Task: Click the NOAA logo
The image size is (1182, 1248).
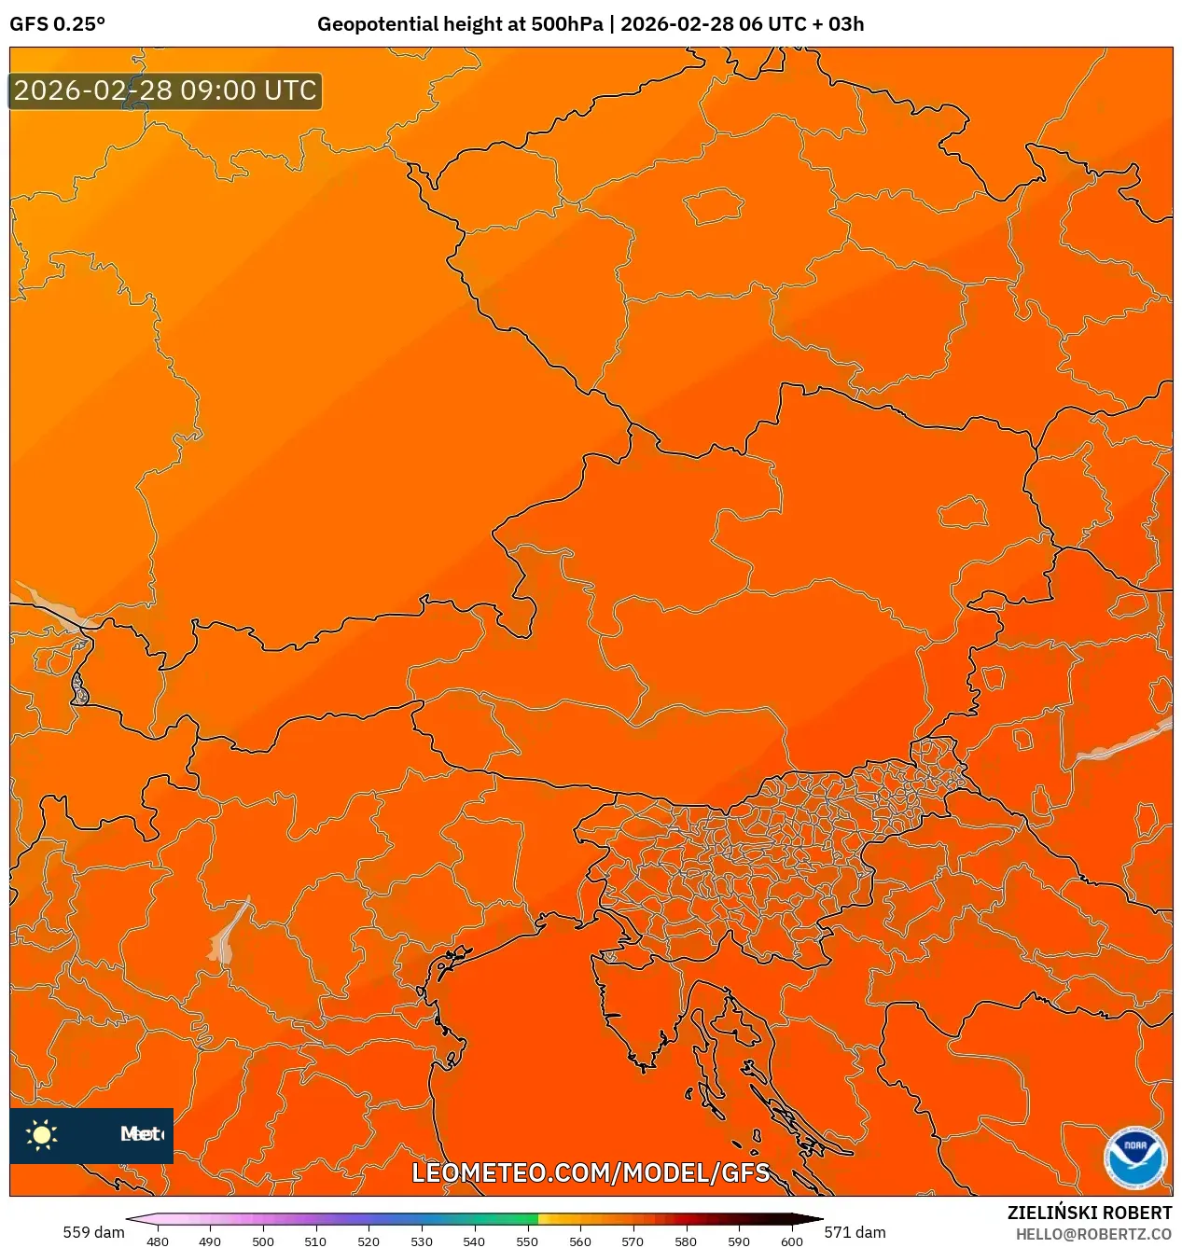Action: [1134, 1158]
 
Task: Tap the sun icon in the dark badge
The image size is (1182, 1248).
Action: [42, 1134]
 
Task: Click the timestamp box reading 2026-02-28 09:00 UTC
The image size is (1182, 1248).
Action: [165, 91]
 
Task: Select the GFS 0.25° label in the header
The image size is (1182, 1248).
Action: [57, 24]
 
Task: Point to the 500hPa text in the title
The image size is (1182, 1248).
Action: [567, 24]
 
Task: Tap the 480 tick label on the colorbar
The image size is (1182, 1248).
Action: [158, 1241]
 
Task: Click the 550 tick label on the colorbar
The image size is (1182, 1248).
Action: [527, 1241]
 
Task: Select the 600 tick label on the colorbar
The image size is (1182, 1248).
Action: [791, 1241]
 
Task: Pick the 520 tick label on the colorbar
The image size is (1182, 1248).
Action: [369, 1241]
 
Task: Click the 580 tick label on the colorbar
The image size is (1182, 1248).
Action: [686, 1241]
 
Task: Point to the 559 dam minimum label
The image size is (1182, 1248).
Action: [93, 1232]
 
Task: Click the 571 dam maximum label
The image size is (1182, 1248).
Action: [855, 1232]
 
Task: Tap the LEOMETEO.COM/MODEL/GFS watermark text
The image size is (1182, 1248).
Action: [591, 1172]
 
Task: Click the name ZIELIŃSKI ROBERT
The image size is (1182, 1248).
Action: [1089, 1213]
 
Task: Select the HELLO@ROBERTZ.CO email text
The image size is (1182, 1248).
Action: [1093, 1234]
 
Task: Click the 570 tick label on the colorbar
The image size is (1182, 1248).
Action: [633, 1241]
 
